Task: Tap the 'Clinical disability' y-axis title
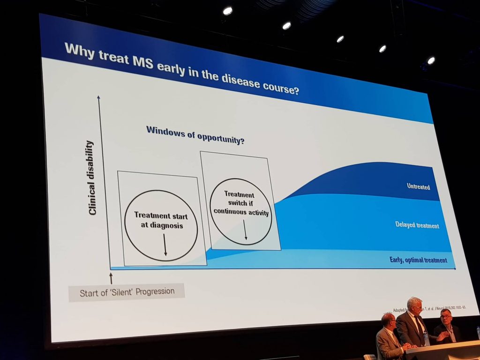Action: [92, 178]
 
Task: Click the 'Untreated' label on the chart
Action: [418, 187]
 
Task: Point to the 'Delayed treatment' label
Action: [417, 225]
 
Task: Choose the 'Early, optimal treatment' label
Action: [418, 260]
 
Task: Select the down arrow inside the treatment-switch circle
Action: [245, 230]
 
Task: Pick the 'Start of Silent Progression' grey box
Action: [127, 292]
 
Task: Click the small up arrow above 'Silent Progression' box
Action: [111, 278]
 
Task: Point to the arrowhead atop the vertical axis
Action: [98, 97]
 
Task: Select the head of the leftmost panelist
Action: [388, 322]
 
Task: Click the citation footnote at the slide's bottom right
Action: [431, 307]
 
